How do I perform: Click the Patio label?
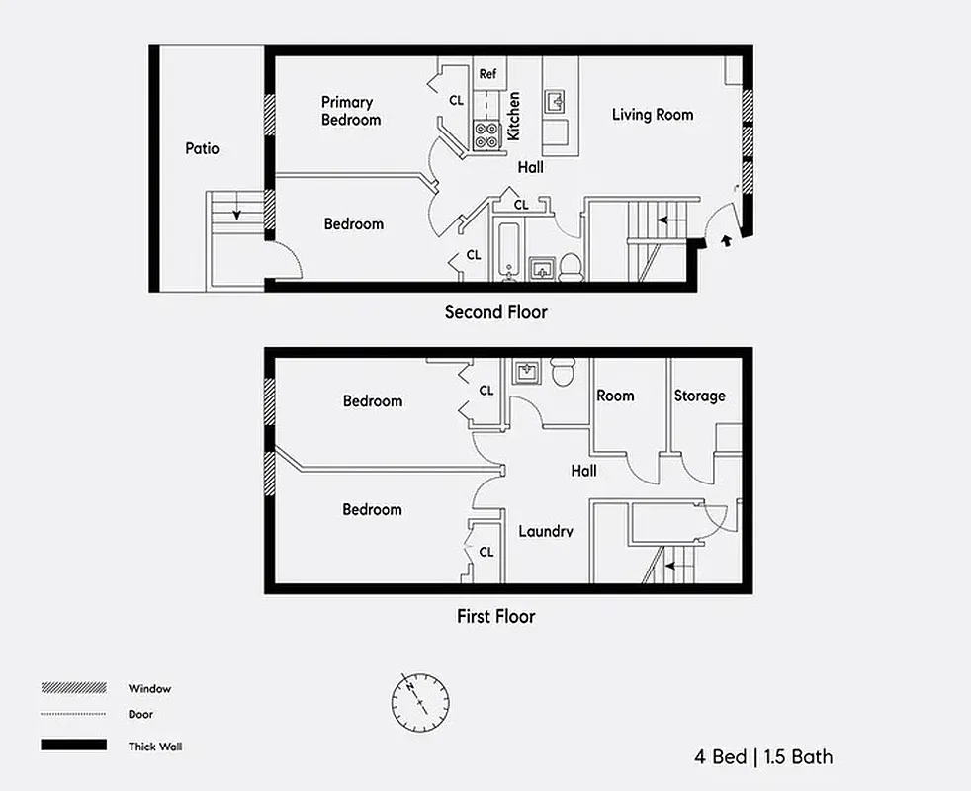202,149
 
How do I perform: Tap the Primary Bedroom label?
350,111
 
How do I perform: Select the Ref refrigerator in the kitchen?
487,74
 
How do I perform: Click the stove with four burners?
486,134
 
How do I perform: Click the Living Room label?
653,115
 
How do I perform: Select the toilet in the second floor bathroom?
571,267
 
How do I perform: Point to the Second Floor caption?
495,312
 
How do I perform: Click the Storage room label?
699,395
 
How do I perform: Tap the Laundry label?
546,532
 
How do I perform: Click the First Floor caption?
495,616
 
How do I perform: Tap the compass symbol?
420,698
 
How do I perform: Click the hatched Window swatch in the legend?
73,688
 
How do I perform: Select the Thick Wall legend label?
155,747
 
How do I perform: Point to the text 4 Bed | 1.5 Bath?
762,757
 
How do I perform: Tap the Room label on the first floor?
615,395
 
